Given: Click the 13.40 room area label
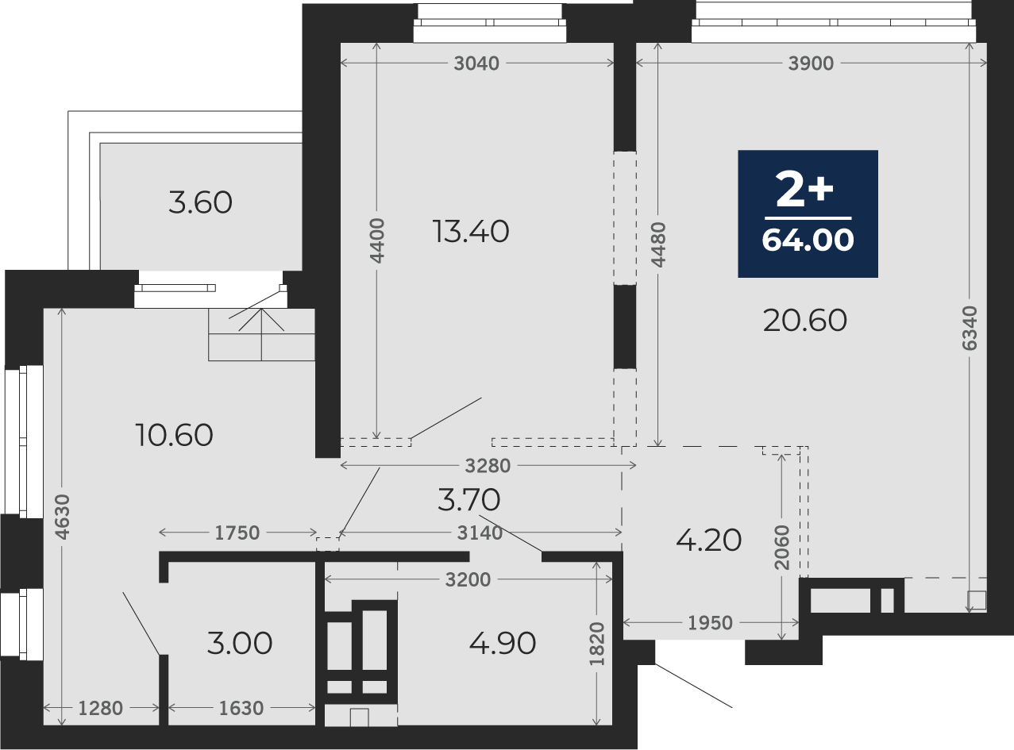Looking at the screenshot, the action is tap(470, 231).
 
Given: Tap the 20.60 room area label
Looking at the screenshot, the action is tap(804, 321).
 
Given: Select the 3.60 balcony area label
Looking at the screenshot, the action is tap(200, 202).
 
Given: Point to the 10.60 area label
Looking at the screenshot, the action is tap(174, 435).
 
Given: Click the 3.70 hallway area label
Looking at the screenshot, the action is tap(469, 499).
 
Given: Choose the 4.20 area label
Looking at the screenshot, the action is tap(708, 540).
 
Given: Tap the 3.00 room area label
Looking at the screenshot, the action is tap(240, 643).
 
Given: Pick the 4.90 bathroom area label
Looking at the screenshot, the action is tap(503, 643).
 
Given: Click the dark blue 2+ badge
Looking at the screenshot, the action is tap(808, 213).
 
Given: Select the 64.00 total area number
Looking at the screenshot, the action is tap(808, 240).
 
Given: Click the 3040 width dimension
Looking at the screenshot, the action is tap(476, 63).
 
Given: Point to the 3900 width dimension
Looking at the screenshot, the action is tap(811, 63).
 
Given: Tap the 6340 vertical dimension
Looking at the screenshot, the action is tap(970, 328).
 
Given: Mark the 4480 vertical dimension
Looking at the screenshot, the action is tap(658, 244).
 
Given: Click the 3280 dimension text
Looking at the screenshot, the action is tap(488, 466).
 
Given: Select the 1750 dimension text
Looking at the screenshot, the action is tap(237, 533).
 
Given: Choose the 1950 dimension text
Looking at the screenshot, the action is tap(711, 623).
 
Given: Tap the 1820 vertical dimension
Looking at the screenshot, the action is tap(596, 644).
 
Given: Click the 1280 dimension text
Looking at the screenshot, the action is tap(101, 709).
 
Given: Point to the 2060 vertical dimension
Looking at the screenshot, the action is tap(782, 548).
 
